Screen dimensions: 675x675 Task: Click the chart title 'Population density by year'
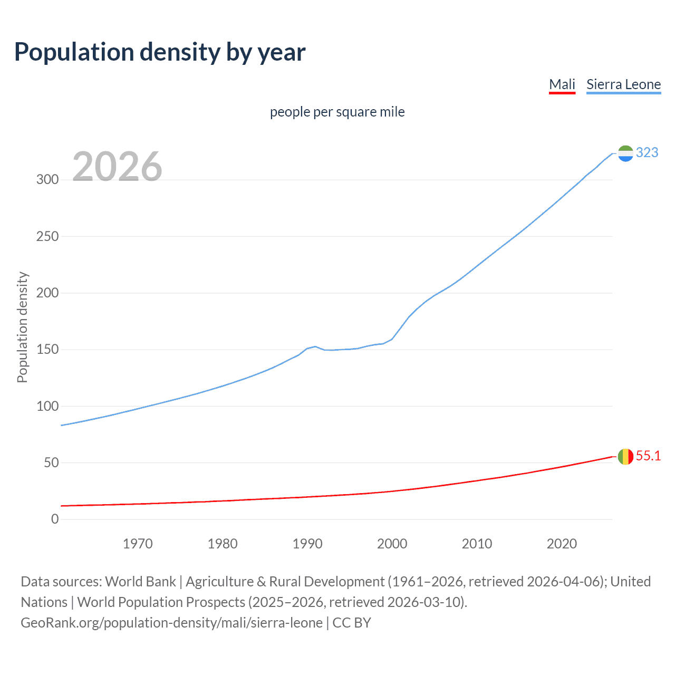click(160, 52)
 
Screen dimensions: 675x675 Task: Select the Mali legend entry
click(562, 84)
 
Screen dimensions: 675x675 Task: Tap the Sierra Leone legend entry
click(623, 84)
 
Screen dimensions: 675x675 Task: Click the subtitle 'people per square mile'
click(337, 112)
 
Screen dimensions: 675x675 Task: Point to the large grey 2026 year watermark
click(117, 167)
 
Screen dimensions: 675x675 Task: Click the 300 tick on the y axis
click(47, 179)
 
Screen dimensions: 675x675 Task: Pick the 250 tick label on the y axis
click(47, 236)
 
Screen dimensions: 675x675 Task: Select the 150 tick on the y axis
click(47, 350)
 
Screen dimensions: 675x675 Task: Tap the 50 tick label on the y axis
click(51, 463)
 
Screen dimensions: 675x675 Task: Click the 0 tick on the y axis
click(55, 519)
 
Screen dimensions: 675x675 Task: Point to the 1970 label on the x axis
click(138, 544)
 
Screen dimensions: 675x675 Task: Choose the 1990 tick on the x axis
click(307, 544)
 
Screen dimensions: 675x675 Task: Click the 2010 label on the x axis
click(477, 544)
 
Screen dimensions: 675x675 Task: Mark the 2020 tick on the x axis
click(562, 544)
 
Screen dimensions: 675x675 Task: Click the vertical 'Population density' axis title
click(22, 327)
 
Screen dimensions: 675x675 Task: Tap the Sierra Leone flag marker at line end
click(625, 153)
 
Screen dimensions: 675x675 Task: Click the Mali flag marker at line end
click(625, 457)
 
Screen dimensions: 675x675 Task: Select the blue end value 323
click(647, 153)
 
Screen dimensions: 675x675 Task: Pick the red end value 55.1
click(648, 456)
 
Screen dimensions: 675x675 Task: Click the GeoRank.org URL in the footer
click(171, 623)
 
